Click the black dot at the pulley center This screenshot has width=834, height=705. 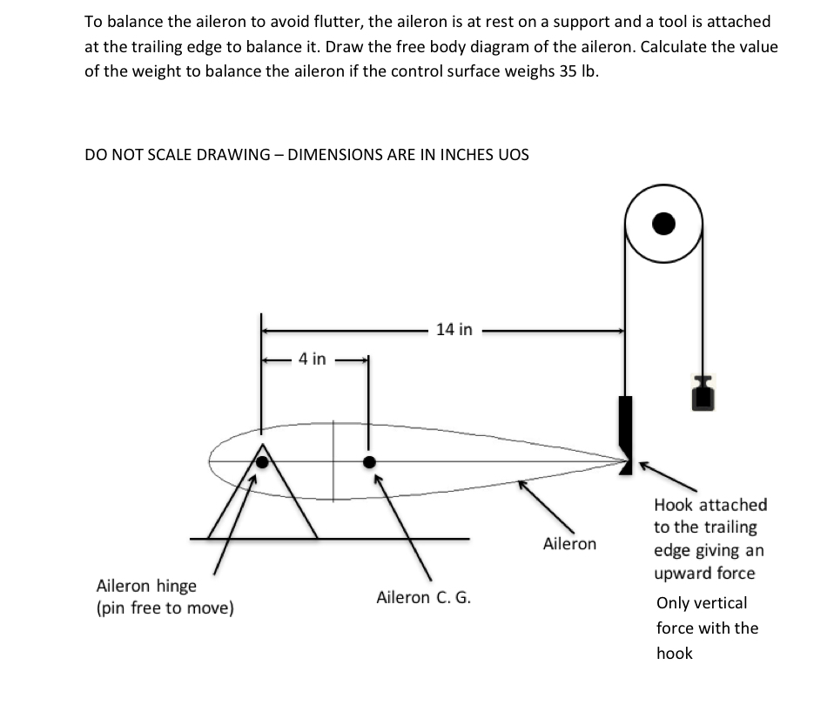point(663,224)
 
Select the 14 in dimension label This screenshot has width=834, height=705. point(454,330)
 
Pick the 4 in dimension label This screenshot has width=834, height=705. point(312,359)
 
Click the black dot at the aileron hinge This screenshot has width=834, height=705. point(261,462)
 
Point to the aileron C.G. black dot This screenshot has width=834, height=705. point(369,462)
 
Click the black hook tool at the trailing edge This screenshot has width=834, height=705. point(625,426)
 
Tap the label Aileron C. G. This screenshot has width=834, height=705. point(423,598)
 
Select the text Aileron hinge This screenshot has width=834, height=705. point(146,586)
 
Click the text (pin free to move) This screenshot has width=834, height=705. point(165,608)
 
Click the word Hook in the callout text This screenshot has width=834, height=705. point(674,505)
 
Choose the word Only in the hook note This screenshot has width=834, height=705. point(675,603)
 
